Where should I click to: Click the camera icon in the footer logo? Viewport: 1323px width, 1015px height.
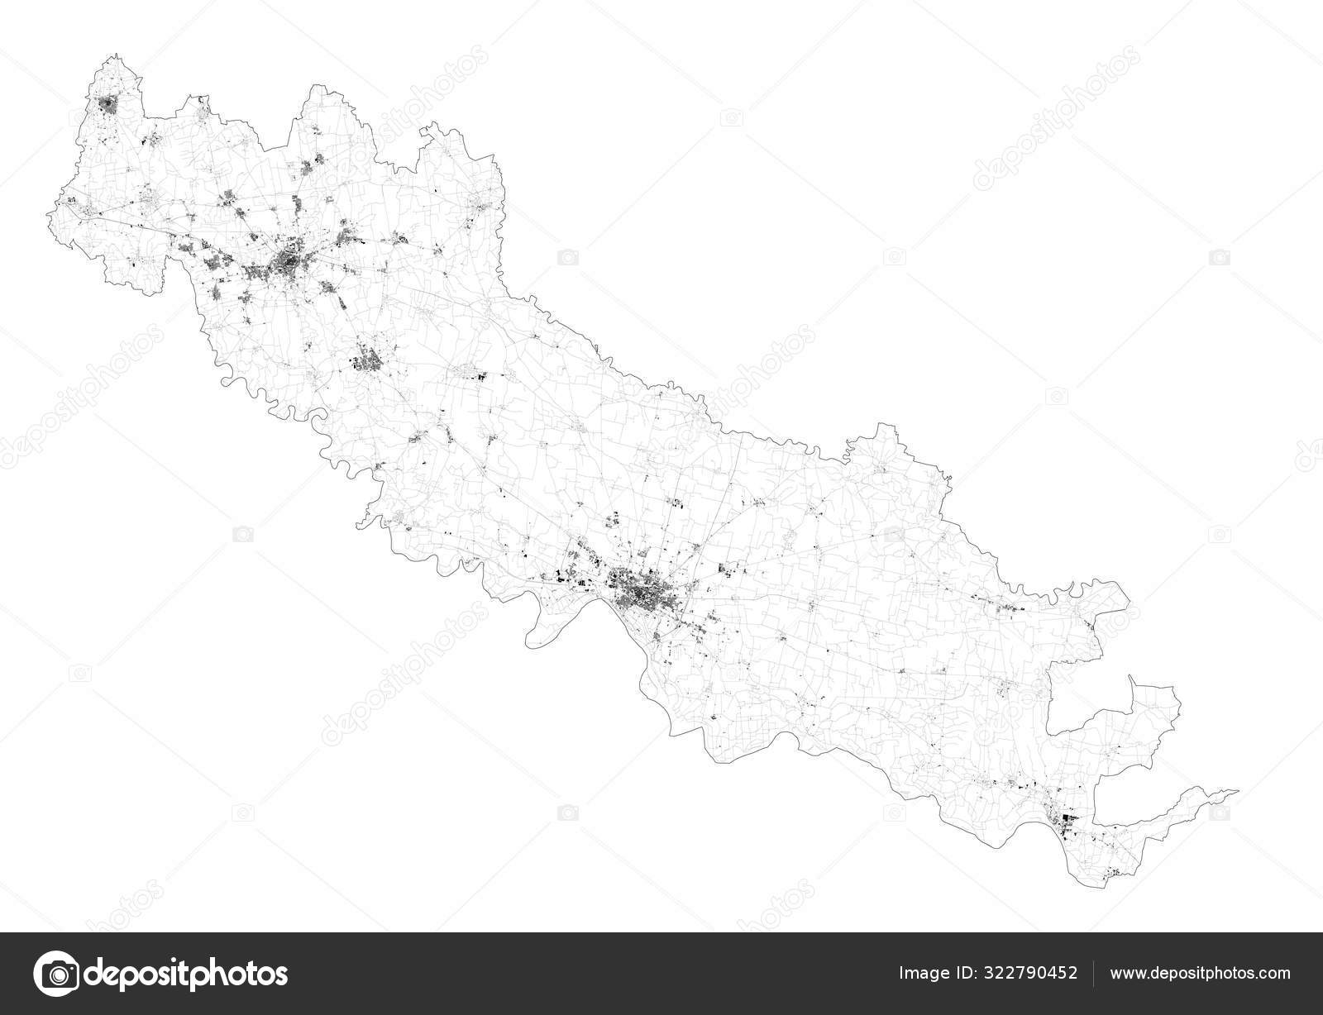tap(55, 972)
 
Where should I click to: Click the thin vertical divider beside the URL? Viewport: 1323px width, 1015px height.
tap(1096, 973)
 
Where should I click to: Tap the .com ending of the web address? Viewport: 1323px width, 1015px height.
tap(1274, 973)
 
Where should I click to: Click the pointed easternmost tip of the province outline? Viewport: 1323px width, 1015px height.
tap(1238, 791)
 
